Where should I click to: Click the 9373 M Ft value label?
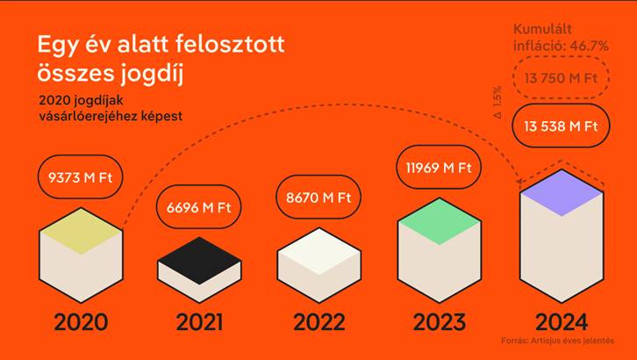click(81, 177)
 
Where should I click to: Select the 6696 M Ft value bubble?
click(198, 207)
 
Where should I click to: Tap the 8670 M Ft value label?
click(318, 198)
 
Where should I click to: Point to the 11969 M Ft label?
click(439, 168)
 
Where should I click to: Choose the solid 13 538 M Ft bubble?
click(561, 126)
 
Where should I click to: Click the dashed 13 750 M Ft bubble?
click(561, 77)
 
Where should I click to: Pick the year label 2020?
click(81, 322)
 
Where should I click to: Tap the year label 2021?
click(199, 322)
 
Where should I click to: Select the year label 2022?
click(318, 322)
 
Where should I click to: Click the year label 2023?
click(440, 322)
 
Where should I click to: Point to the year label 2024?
click(562, 322)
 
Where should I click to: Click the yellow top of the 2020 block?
click(81, 231)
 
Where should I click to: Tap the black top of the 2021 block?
click(199, 261)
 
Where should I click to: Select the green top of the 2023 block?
click(440, 221)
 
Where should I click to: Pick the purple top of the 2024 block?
click(562, 192)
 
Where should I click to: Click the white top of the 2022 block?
click(318, 251)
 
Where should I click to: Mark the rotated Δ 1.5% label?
click(498, 102)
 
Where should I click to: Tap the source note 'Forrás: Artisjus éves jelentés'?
click(557, 341)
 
